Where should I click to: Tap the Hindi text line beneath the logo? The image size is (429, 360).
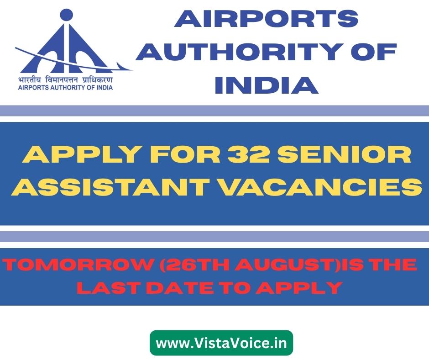65,80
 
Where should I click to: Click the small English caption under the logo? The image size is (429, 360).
65,88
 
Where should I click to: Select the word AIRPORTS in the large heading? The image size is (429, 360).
266,19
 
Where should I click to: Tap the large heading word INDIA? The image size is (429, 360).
267,85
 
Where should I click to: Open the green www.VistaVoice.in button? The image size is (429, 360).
221,343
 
